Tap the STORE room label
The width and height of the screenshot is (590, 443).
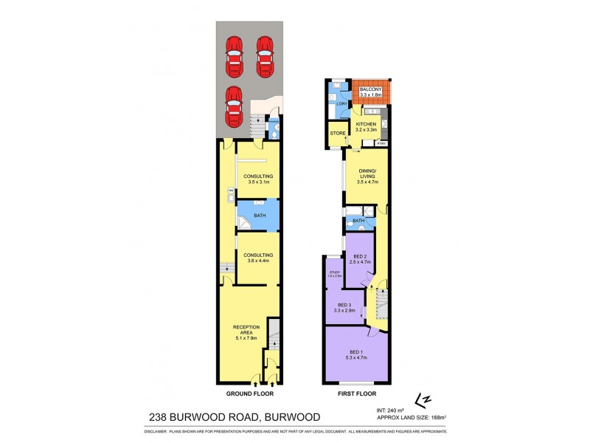click(337, 134)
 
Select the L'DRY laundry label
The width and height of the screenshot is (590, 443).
click(341, 104)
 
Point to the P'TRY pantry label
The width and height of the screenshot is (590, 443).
click(381, 143)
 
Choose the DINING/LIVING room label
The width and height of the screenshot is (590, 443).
click(367, 175)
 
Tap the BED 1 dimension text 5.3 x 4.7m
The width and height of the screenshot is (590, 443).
click(356, 357)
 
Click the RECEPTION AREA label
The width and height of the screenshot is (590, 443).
click(244, 329)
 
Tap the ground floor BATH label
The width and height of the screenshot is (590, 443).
click(260, 216)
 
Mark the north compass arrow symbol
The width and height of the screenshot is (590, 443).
click(423, 399)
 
